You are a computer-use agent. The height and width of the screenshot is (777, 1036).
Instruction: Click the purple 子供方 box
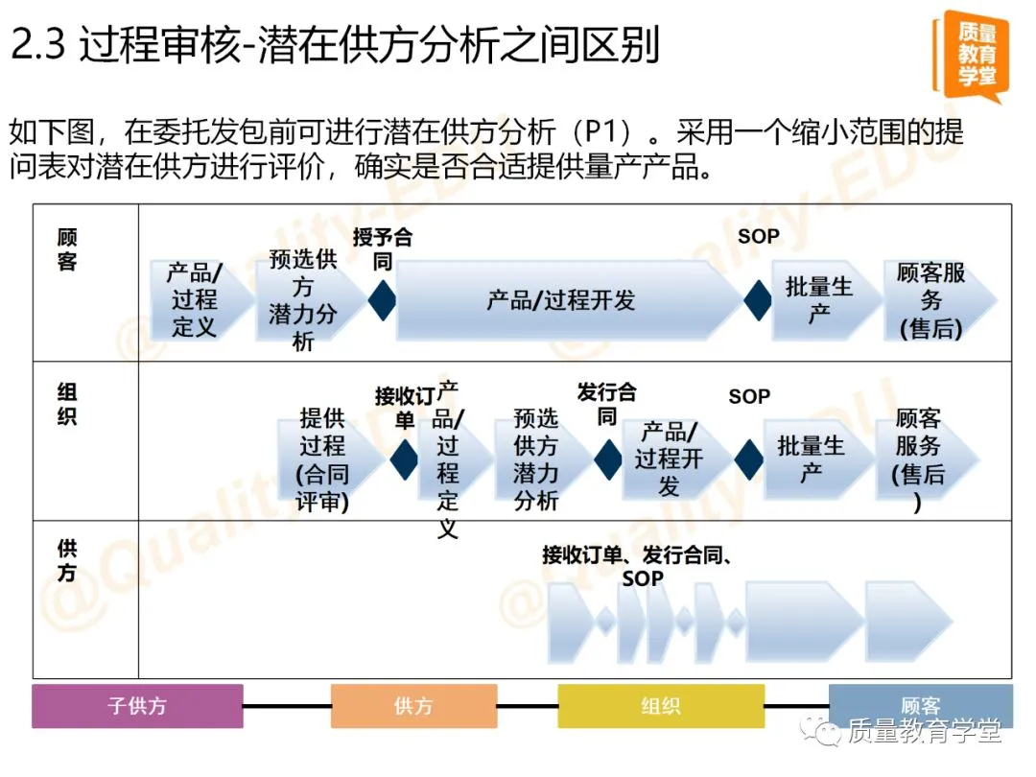click(x=137, y=707)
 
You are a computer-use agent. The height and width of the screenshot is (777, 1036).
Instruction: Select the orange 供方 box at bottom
click(x=413, y=707)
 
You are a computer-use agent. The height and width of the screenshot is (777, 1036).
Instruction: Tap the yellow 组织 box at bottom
click(x=661, y=707)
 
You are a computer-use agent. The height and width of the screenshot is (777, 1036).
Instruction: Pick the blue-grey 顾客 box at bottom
click(x=920, y=707)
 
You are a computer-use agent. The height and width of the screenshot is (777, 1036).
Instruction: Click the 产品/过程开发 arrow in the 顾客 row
click(x=561, y=300)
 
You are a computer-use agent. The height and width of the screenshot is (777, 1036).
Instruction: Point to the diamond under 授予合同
click(x=383, y=300)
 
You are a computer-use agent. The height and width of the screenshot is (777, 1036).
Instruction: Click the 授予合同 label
click(x=382, y=248)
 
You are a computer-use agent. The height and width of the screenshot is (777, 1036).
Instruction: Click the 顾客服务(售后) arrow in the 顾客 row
click(x=931, y=300)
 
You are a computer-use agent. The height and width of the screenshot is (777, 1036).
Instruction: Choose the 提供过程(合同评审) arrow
click(x=323, y=459)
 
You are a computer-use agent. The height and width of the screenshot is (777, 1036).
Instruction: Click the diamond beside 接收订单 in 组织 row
click(x=404, y=459)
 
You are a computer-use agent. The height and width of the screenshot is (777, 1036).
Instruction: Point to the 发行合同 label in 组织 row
click(x=606, y=404)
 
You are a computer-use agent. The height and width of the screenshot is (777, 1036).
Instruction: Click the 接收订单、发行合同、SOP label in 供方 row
click(x=638, y=566)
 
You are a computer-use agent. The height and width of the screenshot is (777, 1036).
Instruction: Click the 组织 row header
click(x=67, y=404)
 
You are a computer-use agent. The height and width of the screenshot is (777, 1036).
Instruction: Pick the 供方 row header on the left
click(x=67, y=560)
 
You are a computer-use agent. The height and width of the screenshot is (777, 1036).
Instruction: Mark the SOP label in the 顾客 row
click(x=759, y=236)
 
